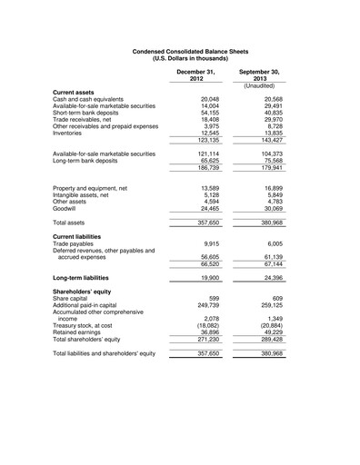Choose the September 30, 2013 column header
point(258,74)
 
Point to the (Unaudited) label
point(258,85)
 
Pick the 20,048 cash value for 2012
point(209,100)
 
